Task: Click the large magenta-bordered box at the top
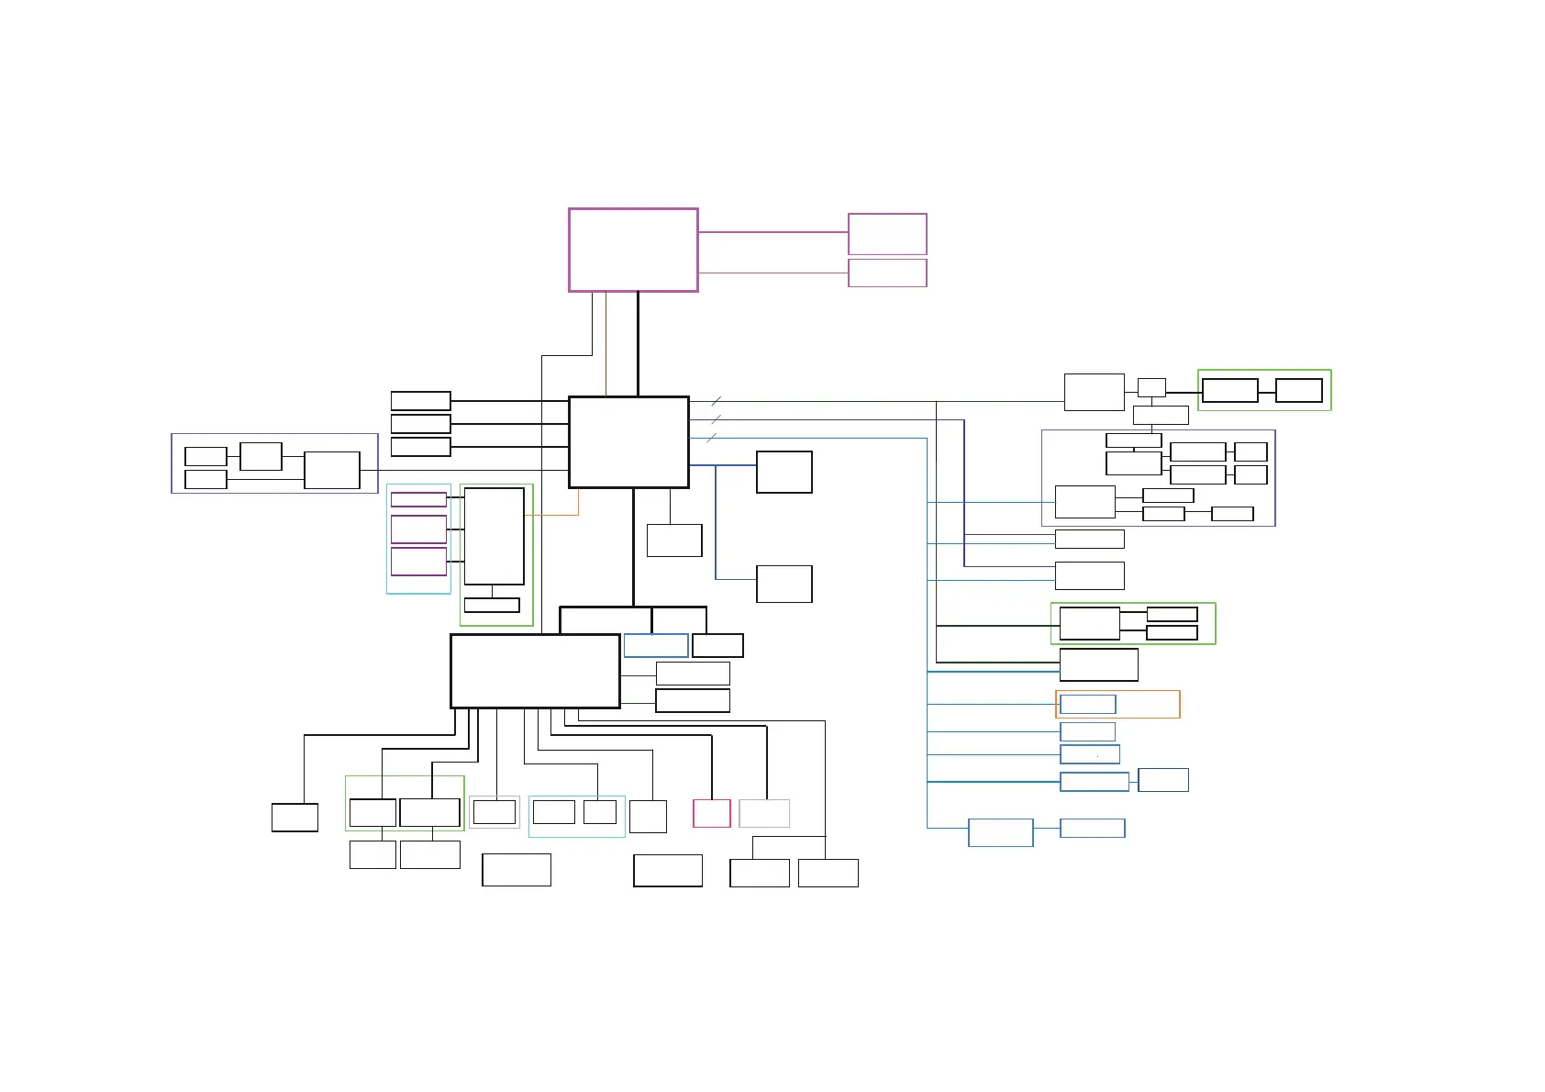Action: click(633, 250)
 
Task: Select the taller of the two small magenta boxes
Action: click(887, 234)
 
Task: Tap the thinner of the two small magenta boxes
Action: click(887, 273)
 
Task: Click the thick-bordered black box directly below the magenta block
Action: click(628, 442)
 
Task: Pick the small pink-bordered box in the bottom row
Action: click(712, 813)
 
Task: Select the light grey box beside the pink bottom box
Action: click(764, 813)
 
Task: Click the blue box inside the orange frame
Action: click(1087, 704)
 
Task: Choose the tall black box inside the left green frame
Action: click(494, 536)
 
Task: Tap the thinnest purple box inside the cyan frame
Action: click(418, 499)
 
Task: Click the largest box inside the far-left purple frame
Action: click(331, 470)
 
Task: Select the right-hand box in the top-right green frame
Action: click(1298, 390)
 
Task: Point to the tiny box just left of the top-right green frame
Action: click(1151, 387)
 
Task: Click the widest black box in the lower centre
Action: click(535, 671)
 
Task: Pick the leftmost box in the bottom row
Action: click(295, 817)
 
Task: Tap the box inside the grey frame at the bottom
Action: click(494, 812)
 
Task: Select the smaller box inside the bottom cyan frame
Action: click(599, 812)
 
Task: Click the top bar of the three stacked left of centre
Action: click(420, 400)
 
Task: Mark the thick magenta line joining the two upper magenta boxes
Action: click(772, 232)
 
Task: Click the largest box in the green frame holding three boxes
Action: click(1089, 623)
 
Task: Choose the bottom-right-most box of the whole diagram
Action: click(828, 873)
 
